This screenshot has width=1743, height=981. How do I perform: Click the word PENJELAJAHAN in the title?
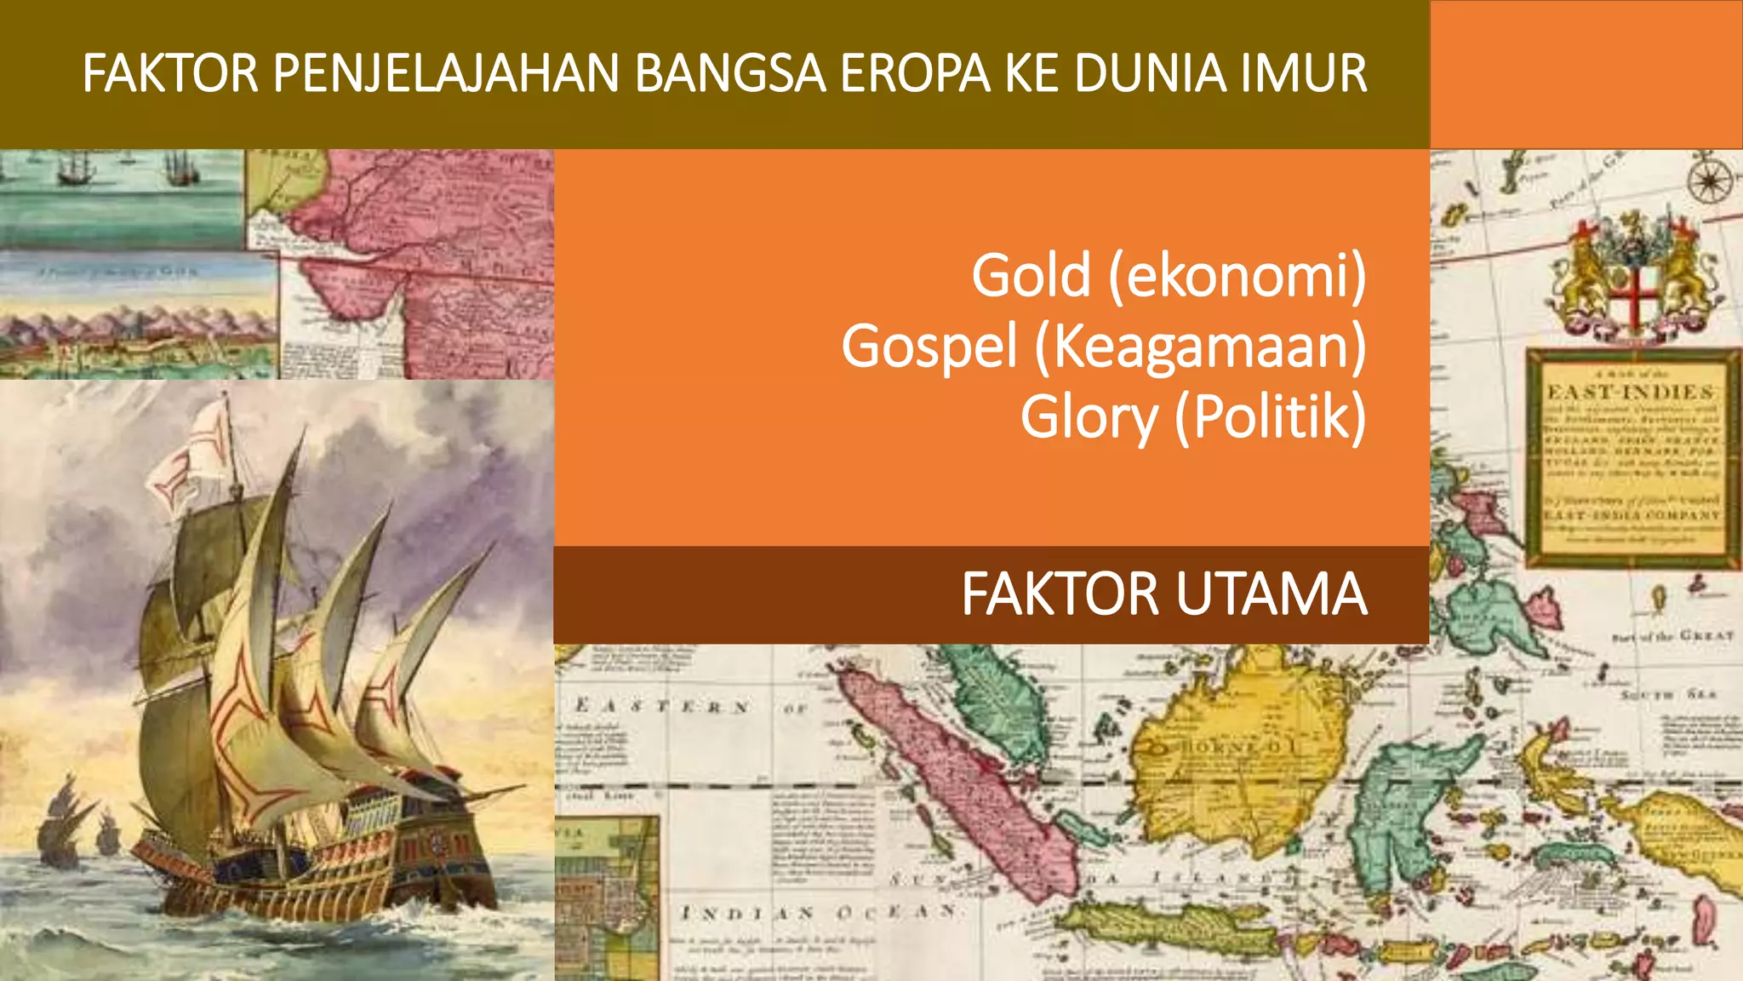pos(446,73)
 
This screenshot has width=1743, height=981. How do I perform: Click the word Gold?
pos(1031,276)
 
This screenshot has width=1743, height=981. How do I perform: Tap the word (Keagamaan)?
pos(1200,347)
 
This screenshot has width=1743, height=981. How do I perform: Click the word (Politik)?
pos(1270,417)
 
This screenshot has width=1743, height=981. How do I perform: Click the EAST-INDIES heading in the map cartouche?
pos(1630,393)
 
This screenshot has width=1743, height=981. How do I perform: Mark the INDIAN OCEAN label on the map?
pos(817,913)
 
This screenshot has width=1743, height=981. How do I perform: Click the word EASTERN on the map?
pos(662,706)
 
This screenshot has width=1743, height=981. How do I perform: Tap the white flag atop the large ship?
pos(194,460)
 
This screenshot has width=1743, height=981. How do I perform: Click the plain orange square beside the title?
pos(1586,75)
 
